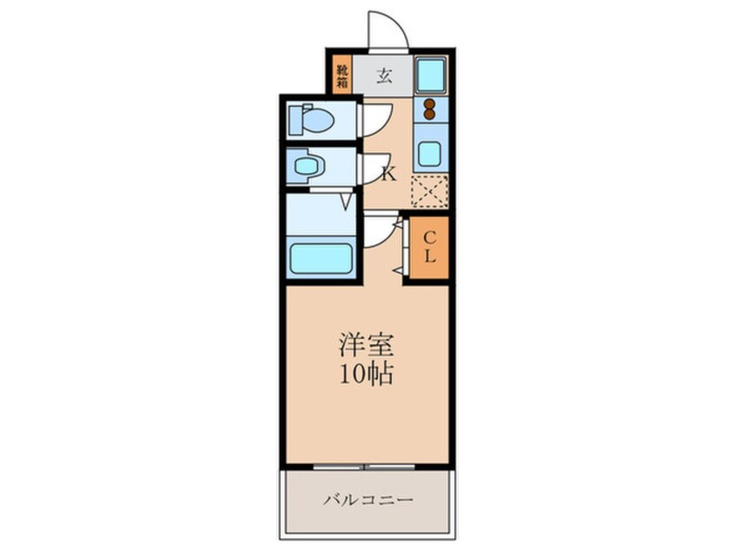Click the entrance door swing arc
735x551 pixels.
(x=386, y=30)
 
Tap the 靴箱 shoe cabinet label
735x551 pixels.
(x=341, y=74)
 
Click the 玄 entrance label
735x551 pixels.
(x=383, y=75)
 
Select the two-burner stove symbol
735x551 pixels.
(x=429, y=109)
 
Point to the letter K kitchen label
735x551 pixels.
(x=387, y=173)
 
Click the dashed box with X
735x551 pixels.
(x=429, y=192)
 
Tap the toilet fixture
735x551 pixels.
(x=310, y=119)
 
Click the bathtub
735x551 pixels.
(x=320, y=257)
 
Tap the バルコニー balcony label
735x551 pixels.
(x=367, y=500)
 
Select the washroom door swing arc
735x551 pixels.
(x=375, y=165)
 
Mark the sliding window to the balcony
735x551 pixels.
(x=366, y=468)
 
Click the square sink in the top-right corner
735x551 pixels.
(x=429, y=75)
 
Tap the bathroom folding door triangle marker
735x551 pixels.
(x=347, y=202)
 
